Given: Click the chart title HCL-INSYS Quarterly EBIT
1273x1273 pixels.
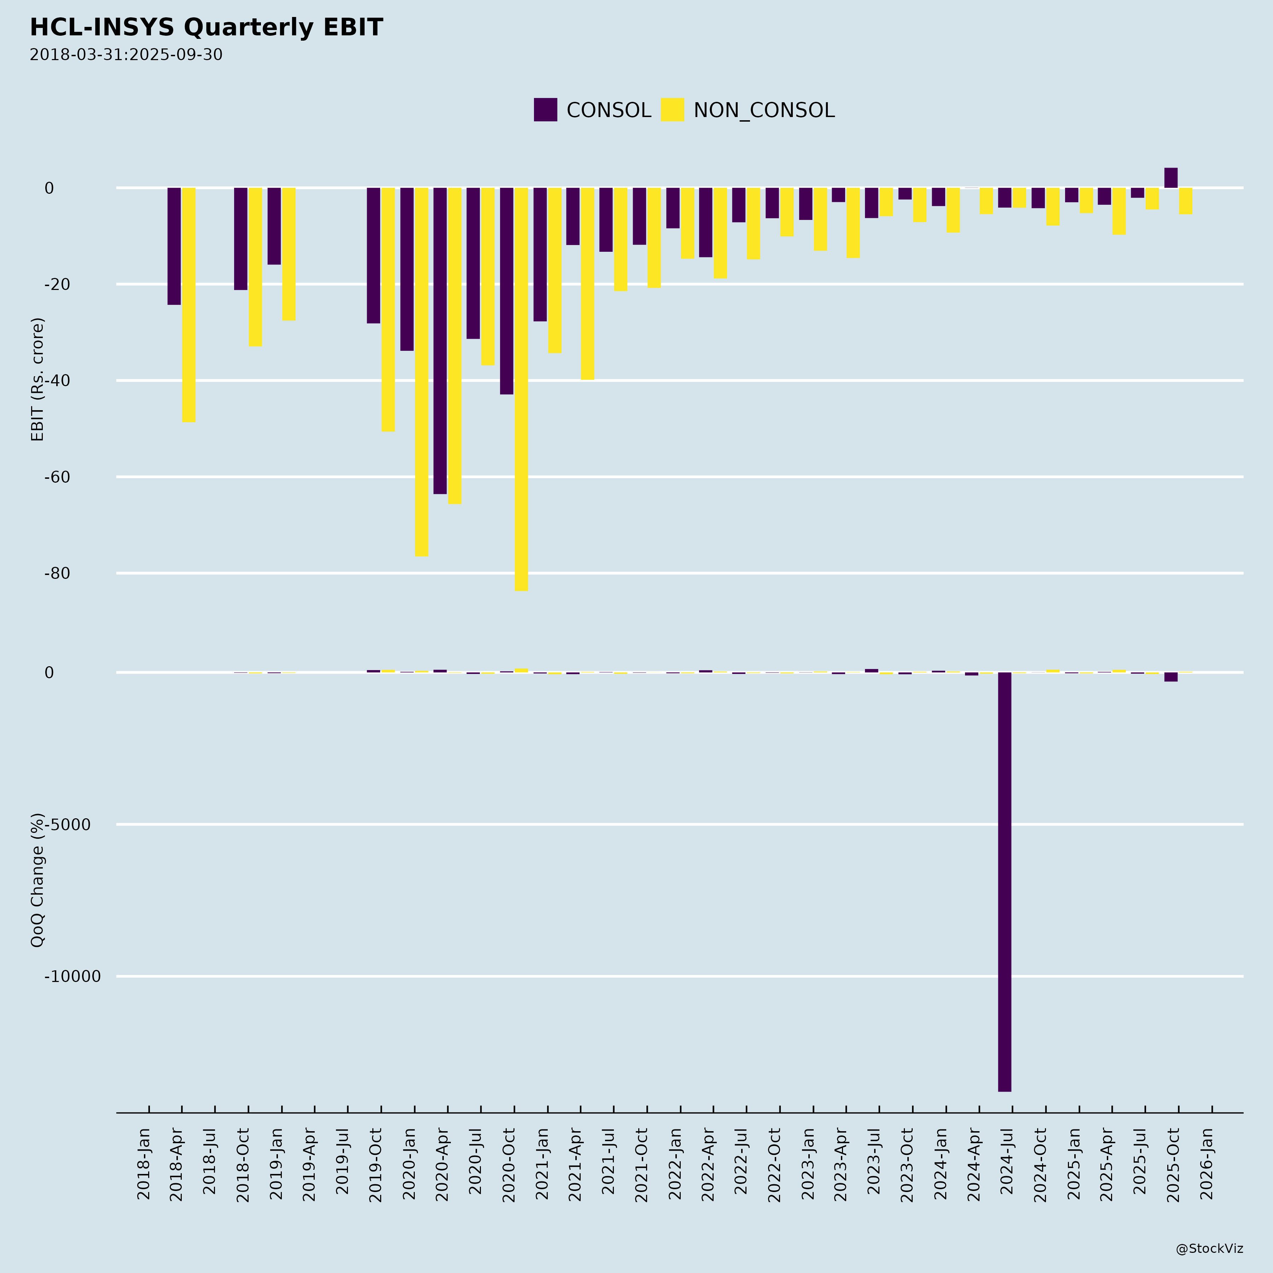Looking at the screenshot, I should click(206, 28).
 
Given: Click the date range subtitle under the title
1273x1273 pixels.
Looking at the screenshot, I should click(126, 55).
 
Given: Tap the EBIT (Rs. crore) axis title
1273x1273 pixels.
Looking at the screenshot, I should click(37, 379).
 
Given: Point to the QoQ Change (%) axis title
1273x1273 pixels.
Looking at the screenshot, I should click(37, 880).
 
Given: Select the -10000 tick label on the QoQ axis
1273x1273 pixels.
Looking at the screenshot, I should click(72, 976).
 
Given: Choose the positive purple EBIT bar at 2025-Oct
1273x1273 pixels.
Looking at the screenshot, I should click(1171, 178).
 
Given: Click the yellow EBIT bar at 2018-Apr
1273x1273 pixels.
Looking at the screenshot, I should click(188, 304).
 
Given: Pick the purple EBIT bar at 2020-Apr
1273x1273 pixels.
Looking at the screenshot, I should click(440, 341).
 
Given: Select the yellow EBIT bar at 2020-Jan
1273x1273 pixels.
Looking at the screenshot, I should click(421, 372).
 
